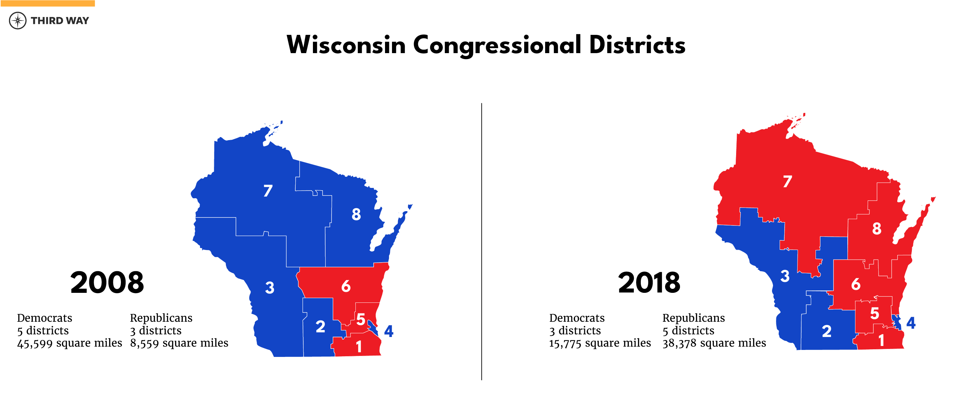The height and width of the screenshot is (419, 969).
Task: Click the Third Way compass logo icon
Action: pos(18,20)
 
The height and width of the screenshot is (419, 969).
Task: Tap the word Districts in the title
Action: pos(637,45)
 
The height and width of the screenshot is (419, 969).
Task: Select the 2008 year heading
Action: pos(107,283)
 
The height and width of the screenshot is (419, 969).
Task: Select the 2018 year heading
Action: pos(649,283)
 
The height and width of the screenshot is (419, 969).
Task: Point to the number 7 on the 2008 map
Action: pos(268,191)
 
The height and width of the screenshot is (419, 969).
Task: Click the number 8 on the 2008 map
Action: pos(356,214)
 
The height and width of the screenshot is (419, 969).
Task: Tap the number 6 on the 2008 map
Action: pos(346,287)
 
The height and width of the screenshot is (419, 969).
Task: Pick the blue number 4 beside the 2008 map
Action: pos(389,331)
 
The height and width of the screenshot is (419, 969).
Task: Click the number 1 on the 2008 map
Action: pos(358,346)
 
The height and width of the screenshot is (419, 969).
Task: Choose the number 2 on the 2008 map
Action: pos(320,326)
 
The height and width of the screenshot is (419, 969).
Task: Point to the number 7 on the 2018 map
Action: pos(787,182)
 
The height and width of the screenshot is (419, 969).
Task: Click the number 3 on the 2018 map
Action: pos(785,276)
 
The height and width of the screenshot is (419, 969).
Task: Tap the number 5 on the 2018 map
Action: pos(874,313)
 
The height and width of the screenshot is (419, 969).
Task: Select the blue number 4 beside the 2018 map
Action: pos(911,323)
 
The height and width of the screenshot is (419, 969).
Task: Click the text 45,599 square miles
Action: pos(69,343)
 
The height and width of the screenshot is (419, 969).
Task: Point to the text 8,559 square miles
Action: pos(179,343)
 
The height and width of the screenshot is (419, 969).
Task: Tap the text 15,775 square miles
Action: pos(600,343)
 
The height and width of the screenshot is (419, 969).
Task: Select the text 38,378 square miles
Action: pos(714,343)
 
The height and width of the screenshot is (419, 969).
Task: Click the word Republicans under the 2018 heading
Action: pos(693,318)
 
